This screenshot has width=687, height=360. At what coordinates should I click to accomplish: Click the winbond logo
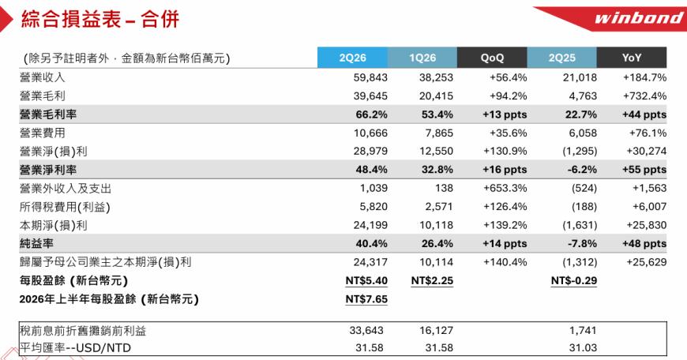(x=638, y=18)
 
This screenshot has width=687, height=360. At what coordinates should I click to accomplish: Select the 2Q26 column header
(x=352, y=58)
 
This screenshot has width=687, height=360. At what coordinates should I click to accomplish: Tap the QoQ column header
(x=492, y=58)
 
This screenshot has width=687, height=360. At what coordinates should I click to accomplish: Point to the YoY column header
(x=632, y=58)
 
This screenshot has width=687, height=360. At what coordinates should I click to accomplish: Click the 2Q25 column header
(x=561, y=58)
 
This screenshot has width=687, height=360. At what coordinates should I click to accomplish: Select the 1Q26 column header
(x=422, y=58)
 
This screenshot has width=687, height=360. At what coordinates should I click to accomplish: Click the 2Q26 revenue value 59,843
(x=370, y=77)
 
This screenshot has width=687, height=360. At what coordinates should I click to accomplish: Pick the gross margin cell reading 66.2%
(x=372, y=114)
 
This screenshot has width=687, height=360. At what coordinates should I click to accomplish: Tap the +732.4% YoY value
(x=644, y=96)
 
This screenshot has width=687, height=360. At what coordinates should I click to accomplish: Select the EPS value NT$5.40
(x=366, y=281)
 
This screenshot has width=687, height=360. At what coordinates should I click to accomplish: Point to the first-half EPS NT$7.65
(x=366, y=299)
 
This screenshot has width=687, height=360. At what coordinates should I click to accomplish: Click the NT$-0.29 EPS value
(x=574, y=281)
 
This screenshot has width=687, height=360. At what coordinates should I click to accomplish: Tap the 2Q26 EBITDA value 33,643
(x=366, y=330)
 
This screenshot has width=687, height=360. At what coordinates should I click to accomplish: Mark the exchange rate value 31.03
(x=583, y=347)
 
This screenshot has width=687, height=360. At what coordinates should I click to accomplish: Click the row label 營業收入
(x=42, y=77)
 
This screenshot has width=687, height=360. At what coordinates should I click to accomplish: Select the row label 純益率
(x=36, y=243)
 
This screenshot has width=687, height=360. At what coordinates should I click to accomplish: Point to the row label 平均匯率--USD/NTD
(x=75, y=347)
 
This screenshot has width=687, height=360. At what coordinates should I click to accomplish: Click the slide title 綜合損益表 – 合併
(x=100, y=20)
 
